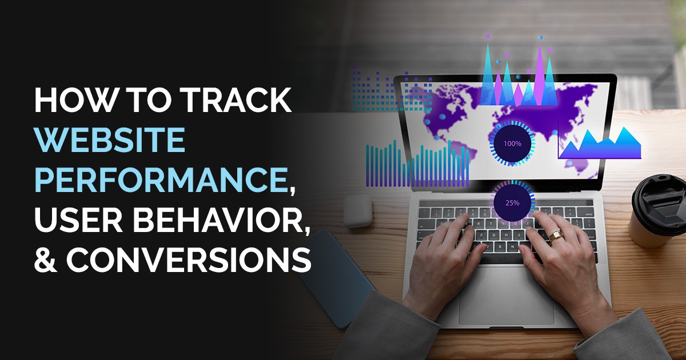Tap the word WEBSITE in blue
point(110,139)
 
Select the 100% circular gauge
point(512,143)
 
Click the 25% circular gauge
point(512,202)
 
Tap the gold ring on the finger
point(555,235)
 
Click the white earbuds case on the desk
point(358,211)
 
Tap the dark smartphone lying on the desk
point(336,279)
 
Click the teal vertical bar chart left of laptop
point(417,164)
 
